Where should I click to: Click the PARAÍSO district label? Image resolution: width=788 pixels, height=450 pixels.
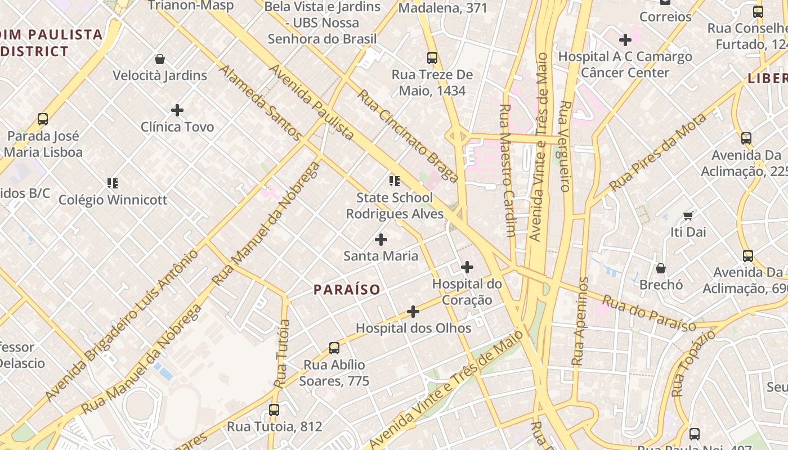click(347, 290)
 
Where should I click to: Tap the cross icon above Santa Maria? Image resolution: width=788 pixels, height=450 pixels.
click(381, 240)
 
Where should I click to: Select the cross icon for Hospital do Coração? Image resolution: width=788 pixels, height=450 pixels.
click(467, 267)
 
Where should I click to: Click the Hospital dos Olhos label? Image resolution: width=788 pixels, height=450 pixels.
click(413, 327)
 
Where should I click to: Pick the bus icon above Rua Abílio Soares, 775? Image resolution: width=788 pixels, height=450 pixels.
click(334, 348)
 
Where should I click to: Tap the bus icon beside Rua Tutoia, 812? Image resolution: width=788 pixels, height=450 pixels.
click(274, 410)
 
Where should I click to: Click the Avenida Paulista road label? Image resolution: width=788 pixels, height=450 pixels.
click(311, 101)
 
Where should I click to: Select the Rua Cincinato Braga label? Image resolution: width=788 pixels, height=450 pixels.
click(408, 136)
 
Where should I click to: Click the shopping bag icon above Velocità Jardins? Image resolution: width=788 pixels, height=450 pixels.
click(160, 59)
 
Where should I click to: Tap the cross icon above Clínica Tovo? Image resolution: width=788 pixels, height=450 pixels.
click(177, 110)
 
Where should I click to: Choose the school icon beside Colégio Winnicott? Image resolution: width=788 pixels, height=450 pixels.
click(113, 183)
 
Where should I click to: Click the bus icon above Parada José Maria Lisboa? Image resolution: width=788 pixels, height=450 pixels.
click(43, 119)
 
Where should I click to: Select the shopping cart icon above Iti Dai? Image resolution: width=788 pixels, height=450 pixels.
click(688, 215)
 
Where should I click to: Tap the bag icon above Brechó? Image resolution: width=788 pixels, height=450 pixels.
click(661, 268)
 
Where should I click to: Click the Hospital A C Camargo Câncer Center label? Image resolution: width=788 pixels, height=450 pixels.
click(625, 64)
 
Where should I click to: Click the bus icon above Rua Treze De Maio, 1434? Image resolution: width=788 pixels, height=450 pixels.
click(432, 58)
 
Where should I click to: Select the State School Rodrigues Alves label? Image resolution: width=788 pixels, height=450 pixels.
click(395, 205)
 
